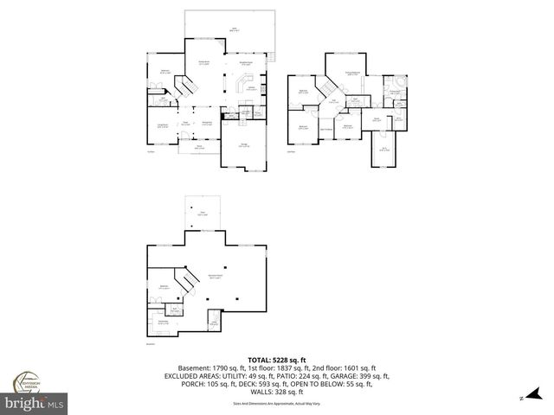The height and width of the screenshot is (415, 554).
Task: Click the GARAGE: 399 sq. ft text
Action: [358, 376]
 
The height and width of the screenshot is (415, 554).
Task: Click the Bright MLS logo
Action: [35, 403]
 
